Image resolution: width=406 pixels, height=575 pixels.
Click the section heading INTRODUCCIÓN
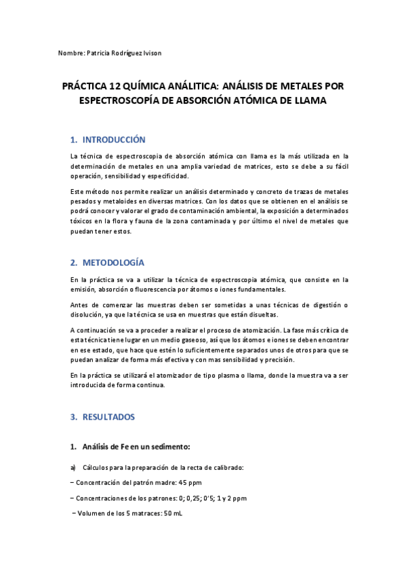point(114,140)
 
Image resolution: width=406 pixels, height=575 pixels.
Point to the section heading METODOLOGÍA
point(113,262)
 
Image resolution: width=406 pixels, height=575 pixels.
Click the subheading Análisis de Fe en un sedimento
point(136,447)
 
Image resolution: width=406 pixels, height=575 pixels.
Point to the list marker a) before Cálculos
point(73,468)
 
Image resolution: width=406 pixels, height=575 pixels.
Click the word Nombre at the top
point(71,52)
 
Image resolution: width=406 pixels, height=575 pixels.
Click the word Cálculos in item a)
point(97,468)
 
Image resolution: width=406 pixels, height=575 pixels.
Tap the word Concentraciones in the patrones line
point(105,498)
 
